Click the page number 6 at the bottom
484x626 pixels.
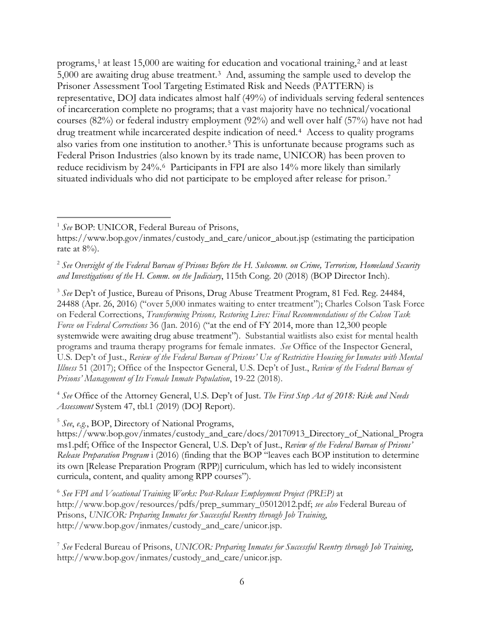tap(242, 582)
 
